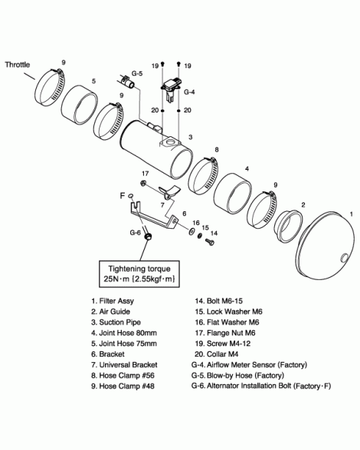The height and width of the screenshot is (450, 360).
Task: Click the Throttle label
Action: coord(18,64)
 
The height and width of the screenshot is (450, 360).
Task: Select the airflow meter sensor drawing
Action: coord(172,89)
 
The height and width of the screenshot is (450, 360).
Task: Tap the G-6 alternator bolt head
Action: coord(148,236)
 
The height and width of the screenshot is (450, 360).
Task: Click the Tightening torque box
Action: coord(139,274)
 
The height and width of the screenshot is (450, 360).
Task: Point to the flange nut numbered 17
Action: coord(142,183)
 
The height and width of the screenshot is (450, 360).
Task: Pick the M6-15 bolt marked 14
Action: coord(210,242)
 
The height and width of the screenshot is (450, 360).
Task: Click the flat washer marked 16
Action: coord(191,231)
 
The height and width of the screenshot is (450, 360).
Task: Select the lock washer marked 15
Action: coord(199,236)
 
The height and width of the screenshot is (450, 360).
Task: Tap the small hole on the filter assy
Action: coord(344,257)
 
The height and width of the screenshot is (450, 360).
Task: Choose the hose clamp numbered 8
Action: coord(204,175)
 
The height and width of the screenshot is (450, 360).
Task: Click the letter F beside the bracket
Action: coord(123,196)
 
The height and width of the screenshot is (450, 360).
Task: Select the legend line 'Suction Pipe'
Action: coord(116,322)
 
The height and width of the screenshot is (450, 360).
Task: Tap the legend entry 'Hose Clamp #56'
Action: coord(123,375)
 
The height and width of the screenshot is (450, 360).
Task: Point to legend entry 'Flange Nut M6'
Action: coord(225,333)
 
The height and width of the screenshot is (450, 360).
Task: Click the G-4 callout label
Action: coord(189,92)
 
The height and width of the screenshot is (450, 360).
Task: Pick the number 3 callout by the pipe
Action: coord(191,137)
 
